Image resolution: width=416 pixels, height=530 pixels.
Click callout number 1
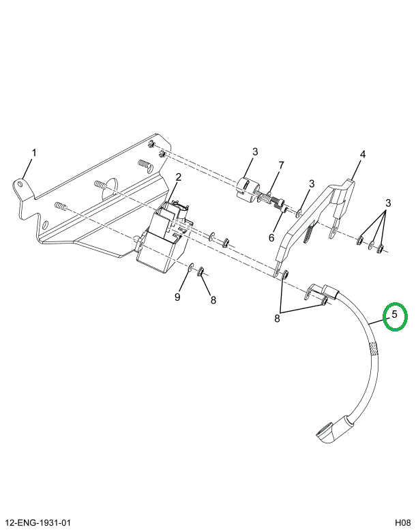35,152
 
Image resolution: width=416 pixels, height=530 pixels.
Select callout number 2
178,178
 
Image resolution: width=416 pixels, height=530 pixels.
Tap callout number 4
363,154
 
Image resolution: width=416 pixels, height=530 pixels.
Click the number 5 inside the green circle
394,314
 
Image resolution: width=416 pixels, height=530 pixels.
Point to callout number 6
271,238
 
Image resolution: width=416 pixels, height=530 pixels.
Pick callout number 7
281,166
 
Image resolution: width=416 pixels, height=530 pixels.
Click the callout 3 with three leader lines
387,203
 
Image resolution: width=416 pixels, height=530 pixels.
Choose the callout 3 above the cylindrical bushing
254,151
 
